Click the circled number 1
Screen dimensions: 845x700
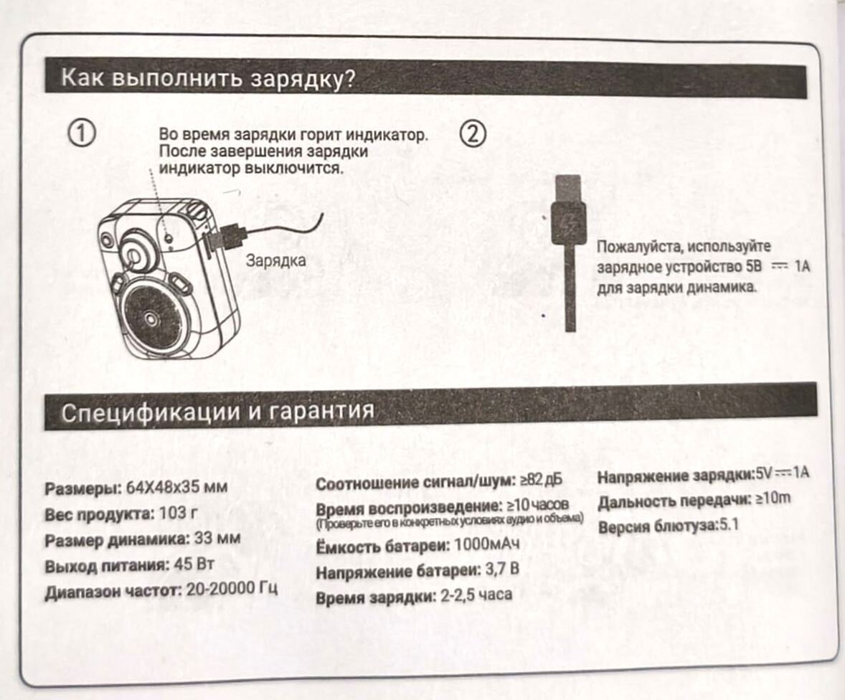click(x=82, y=133)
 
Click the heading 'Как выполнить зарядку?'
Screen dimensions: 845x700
click(x=209, y=78)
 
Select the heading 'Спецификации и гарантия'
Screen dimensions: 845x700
click(x=218, y=412)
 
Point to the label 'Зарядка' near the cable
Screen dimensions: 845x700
click(x=276, y=260)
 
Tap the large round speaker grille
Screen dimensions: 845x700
click(x=152, y=318)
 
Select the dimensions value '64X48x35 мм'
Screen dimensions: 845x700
click(x=176, y=488)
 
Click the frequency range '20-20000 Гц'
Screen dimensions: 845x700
click(x=232, y=588)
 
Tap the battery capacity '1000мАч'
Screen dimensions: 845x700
click(x=487, y=544)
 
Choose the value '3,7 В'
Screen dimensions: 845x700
click(x=502, y=569)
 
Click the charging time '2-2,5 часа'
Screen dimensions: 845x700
click(x=476, y=595)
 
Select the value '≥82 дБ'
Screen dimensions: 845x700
click(x=541, y=480)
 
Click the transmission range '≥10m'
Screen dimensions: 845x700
click(x=773, y=499)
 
